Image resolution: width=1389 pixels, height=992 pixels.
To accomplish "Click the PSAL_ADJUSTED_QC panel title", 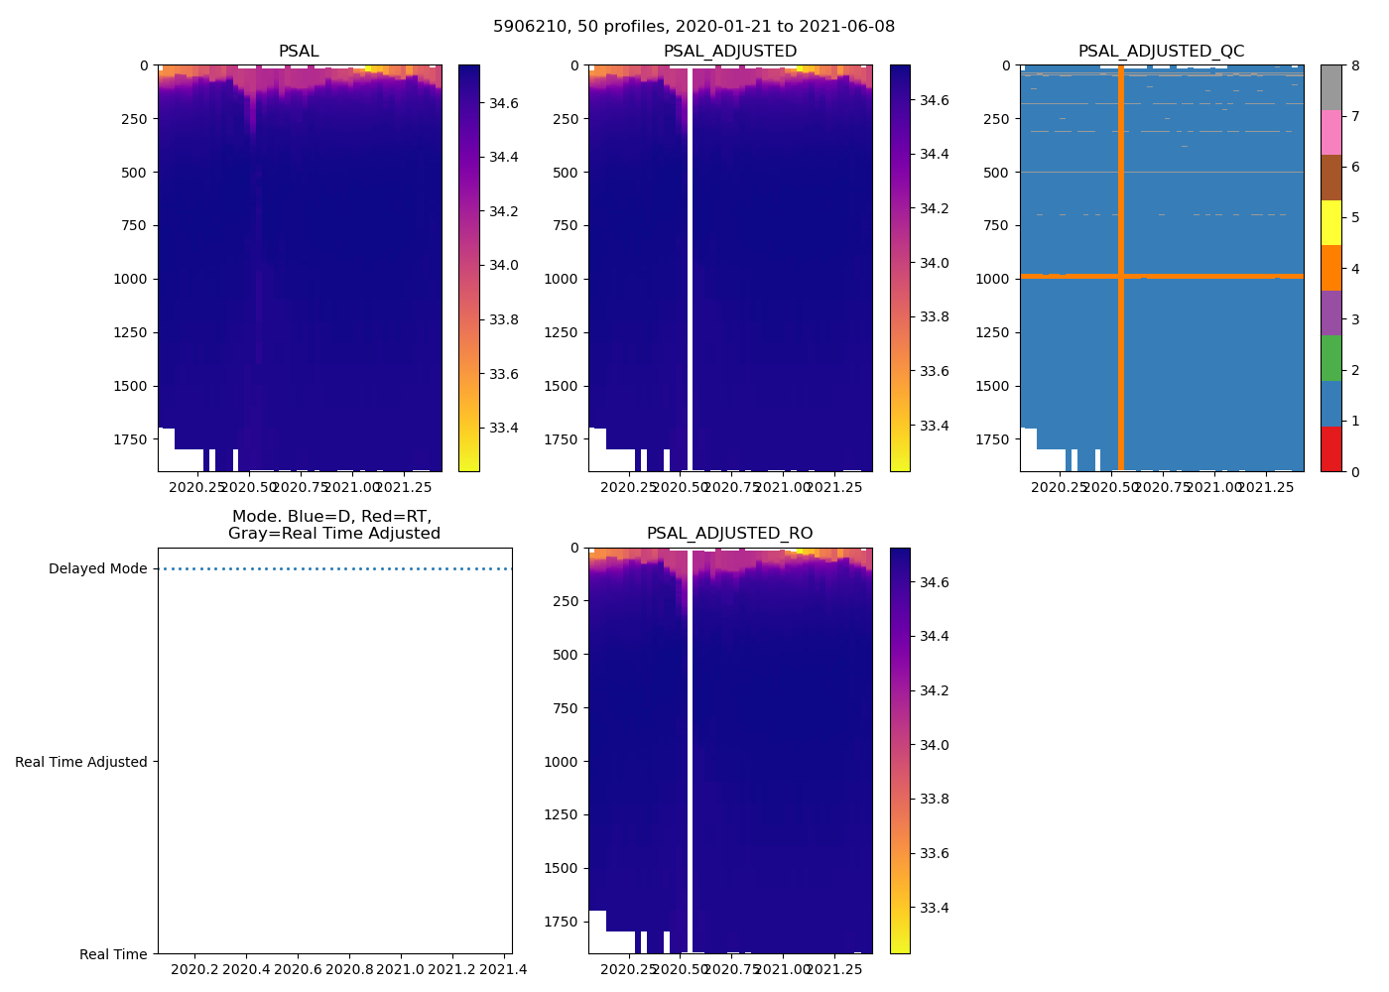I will tap(1161, 52).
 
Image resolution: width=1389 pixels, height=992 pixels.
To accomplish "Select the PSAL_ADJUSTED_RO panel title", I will tap(729, 534).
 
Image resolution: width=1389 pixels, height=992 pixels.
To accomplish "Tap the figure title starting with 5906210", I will tap(694, 27).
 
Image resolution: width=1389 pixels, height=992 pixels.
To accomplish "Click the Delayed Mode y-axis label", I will tap(97, 569).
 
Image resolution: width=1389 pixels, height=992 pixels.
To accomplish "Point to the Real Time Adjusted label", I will tap(81, 762).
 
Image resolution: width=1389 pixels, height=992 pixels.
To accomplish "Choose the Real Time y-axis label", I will tap(113, 954).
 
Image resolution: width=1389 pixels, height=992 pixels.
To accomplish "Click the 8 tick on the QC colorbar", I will tap(1354, 66).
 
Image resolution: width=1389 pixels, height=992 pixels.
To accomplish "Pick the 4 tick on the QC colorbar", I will tap(1354, 269).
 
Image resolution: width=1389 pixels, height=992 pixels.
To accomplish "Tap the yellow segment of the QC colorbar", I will tap(1330, 223).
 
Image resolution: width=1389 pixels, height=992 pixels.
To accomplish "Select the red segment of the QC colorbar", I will tap(1330, 448).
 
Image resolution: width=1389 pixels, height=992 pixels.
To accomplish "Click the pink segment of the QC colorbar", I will tap(1330, 132).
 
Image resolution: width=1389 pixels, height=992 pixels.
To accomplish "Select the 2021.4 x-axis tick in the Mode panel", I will tap(505, 969).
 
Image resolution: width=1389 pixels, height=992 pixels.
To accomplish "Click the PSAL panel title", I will tap(299, 52).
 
